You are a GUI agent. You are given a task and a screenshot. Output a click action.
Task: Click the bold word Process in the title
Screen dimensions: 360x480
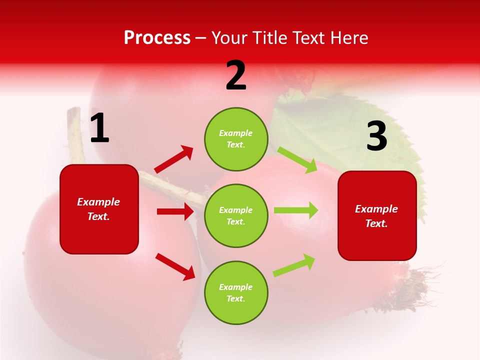coord(157,37)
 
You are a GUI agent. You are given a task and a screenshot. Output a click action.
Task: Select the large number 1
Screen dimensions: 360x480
coord(99,128)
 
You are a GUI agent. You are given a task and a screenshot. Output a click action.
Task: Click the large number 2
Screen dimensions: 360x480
coord(236,75)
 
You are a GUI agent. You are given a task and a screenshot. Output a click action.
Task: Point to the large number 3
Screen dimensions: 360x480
coord(376,136)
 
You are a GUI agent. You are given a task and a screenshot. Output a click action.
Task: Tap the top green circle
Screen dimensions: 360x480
coord(236,139)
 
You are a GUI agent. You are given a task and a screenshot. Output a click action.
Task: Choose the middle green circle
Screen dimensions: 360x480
coord(236,215)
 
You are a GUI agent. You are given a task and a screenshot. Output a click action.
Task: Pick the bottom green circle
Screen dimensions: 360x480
coord(236,292)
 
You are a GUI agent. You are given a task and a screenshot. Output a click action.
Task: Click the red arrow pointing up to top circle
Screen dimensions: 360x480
coord(174,159)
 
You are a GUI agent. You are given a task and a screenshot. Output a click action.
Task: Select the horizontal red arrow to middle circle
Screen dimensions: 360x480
coord(175,211)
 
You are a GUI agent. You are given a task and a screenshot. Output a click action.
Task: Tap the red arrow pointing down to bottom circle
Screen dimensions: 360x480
coord(175,266)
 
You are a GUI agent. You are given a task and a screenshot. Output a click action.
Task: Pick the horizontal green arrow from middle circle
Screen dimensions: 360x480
coord(296,210)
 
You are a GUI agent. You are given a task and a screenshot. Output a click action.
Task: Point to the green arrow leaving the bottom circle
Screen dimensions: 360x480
coord(294,265)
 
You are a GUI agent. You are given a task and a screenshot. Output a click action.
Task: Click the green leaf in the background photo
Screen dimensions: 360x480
coord(360,135)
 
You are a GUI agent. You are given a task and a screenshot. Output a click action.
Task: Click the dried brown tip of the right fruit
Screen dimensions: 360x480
coord(417,285)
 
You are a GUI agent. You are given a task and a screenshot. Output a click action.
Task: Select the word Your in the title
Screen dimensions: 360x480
coord(230,37)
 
